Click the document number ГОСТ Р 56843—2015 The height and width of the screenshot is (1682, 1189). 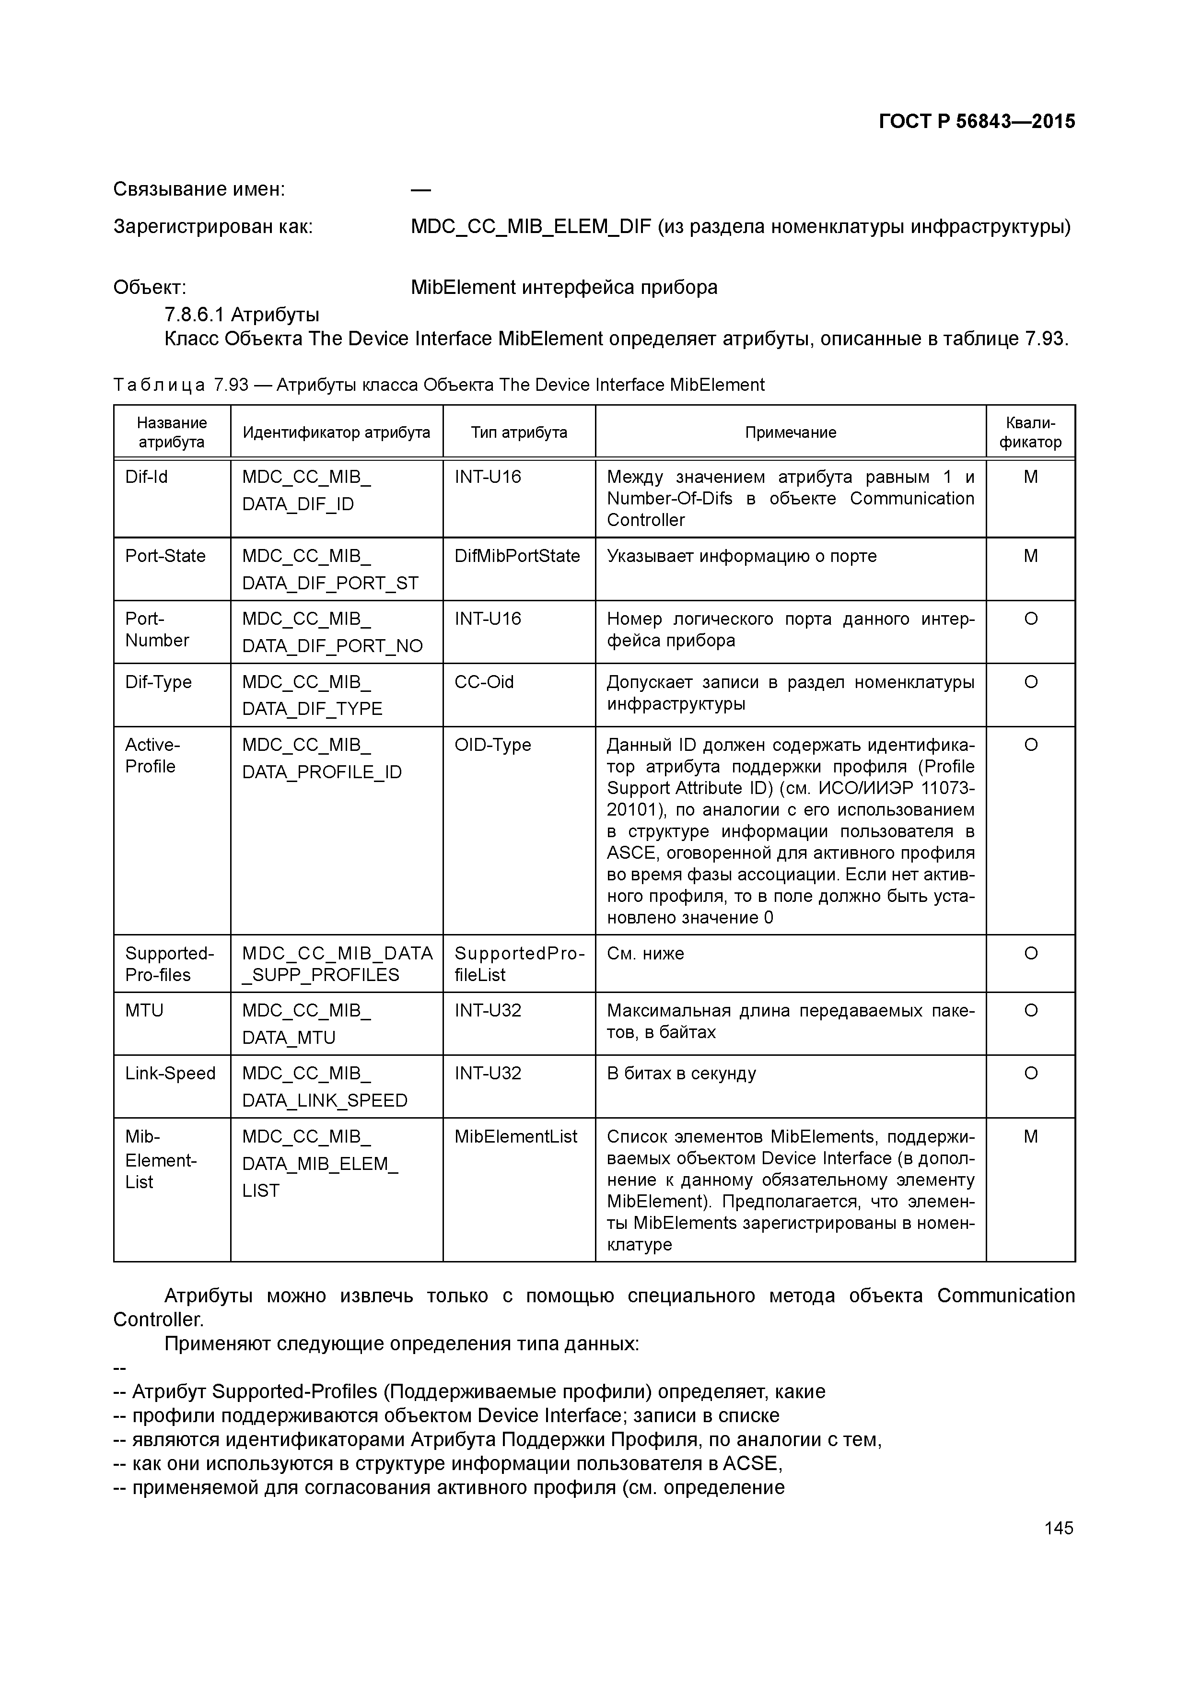click(x=977, y=122)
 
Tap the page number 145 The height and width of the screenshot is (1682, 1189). click(x=1059, y=1528)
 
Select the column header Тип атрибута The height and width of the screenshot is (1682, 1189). click(x=519, y=432)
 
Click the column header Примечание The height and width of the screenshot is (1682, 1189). click(x=791, y=432)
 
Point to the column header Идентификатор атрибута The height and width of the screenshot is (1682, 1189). click(x=336, y=432)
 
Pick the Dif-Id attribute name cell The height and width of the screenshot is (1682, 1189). click(x=147, y=477)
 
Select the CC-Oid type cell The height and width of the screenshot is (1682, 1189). click(x=484, y=682)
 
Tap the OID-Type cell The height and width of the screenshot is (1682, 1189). click(x=492, y=745)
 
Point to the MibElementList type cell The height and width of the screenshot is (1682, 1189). click(x=516, y=1136)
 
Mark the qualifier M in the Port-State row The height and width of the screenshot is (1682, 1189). click(x=1030, y=556)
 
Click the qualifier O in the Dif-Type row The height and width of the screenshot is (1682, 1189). click(x=1030, y=682)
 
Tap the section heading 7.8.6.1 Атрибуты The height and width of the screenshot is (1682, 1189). click(x=242, y=315)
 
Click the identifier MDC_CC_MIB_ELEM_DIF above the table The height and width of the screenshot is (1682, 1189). click(x=530, y=226)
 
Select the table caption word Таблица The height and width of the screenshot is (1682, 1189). click(x=159, y=385)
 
